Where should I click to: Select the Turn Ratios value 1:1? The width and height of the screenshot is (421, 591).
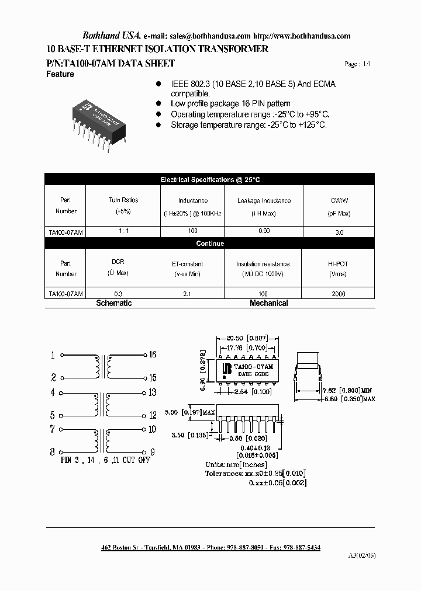123,232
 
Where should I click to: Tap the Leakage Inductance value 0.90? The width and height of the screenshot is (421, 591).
263,232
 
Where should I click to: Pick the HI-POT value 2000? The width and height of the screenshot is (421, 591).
339,294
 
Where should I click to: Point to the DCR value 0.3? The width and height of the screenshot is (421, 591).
118,294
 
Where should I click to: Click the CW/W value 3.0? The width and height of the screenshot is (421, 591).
339,232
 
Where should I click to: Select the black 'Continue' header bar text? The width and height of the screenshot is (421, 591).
210,243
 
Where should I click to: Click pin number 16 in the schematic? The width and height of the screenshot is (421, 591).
152,354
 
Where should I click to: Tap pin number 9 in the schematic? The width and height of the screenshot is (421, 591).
152,451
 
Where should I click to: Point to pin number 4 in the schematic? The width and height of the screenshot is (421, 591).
53,393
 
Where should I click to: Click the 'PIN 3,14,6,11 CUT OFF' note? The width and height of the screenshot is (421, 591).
105,460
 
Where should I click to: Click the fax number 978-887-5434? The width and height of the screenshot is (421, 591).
299,547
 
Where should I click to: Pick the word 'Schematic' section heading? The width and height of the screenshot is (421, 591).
113,303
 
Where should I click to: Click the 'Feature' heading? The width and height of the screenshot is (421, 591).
60,74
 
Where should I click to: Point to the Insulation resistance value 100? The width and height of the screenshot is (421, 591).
263,294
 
